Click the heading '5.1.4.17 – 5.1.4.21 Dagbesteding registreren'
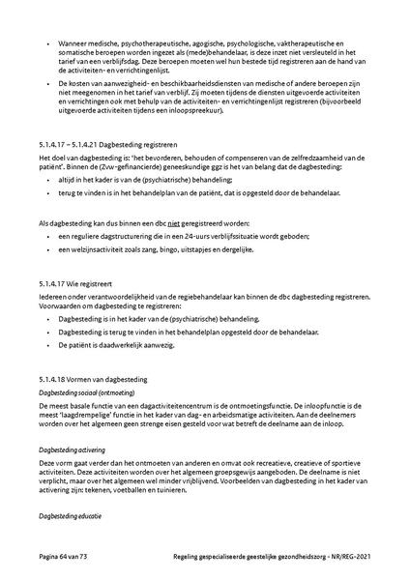pyautogui.click(x=107, y=141)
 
